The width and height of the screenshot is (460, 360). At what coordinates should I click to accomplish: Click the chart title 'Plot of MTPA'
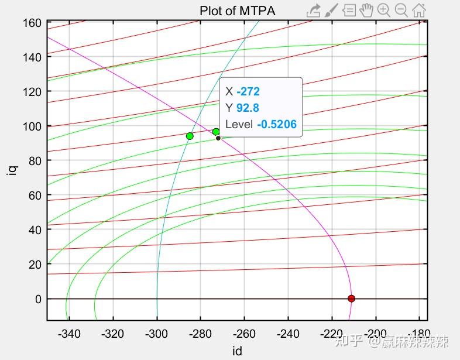click(x=237, y=11)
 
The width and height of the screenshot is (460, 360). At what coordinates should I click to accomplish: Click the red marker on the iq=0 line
click(x=351, y=299)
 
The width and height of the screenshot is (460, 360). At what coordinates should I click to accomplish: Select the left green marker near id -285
click(x=190, y=136)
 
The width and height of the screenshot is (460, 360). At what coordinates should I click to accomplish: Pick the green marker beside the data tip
click(x=216, y=132)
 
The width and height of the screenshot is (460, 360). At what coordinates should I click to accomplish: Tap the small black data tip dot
click(x=218, y=138)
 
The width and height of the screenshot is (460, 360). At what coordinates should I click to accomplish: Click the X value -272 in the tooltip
click(x=248, y=92)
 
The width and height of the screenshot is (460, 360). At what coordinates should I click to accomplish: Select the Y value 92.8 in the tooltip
click(x=248, y=108)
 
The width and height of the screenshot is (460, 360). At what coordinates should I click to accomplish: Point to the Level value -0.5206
click(x=276, y=124)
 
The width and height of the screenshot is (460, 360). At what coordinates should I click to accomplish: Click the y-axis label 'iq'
click(x=12, y=170)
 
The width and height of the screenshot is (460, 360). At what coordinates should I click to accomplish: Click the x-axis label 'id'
click(x=236, y=351)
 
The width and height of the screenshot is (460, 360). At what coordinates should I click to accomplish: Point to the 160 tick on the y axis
click(x=32, y=23)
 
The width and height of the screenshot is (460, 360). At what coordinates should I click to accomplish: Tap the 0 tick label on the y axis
click(x=38, y=299)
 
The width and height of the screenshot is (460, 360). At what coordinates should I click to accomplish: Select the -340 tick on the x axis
click(x=69, y=334)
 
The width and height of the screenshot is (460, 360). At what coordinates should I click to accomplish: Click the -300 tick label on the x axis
click(x=156, y=334)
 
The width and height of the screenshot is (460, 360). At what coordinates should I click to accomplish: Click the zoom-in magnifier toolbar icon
click(x=384, y=10)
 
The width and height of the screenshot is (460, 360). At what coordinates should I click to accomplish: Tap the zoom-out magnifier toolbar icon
click(x=401, y=10)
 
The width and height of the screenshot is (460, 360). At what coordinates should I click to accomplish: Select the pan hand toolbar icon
click(x=366, y=10)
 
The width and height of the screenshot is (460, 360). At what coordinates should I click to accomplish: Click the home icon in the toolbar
click(x=419, y=10)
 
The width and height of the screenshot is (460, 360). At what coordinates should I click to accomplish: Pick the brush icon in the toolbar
click(x=331, y=10)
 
